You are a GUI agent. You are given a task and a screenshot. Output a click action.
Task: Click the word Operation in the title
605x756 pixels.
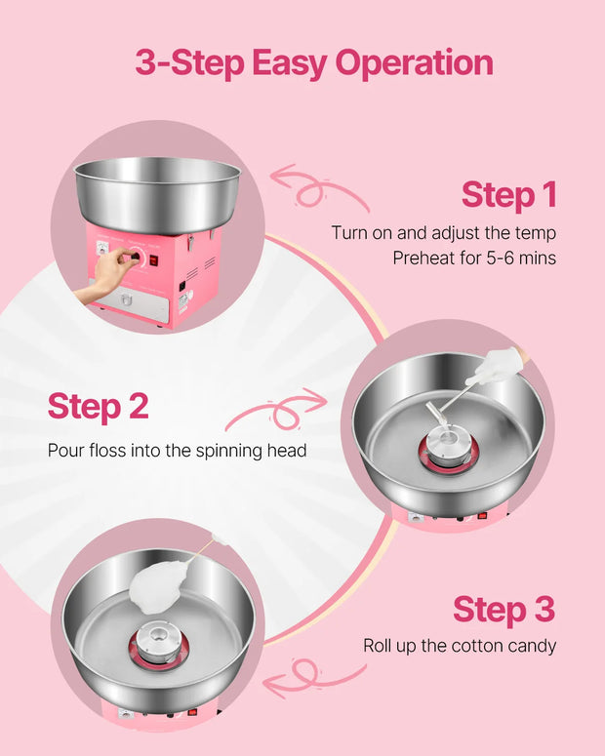[x=414, y=64]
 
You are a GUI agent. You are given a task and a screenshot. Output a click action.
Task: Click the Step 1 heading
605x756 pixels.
[x=509, y=194]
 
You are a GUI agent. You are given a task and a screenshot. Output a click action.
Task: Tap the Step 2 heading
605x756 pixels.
[x=98, y=407]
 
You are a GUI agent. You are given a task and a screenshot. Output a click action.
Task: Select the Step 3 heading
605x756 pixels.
[x=504, y=610]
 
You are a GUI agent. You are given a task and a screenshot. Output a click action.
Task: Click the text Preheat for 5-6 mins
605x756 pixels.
[x=474, y=258]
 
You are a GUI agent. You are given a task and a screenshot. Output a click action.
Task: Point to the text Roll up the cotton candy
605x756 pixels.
[x=460, y=646]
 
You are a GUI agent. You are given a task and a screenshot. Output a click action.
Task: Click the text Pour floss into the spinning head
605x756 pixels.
[x=177, y=451]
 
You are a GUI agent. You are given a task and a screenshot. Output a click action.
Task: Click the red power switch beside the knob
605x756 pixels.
[x=153, y=260]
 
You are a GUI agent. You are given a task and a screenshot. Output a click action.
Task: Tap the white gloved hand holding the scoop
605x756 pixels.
[x=501, y=365]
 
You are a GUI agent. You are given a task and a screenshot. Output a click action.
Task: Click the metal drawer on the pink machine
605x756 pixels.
[x=129, y=301]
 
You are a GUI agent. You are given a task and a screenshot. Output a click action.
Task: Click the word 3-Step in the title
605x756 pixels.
[x=189, y=62]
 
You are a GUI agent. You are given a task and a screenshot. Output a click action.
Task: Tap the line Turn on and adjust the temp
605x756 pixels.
[x=444, y=233]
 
